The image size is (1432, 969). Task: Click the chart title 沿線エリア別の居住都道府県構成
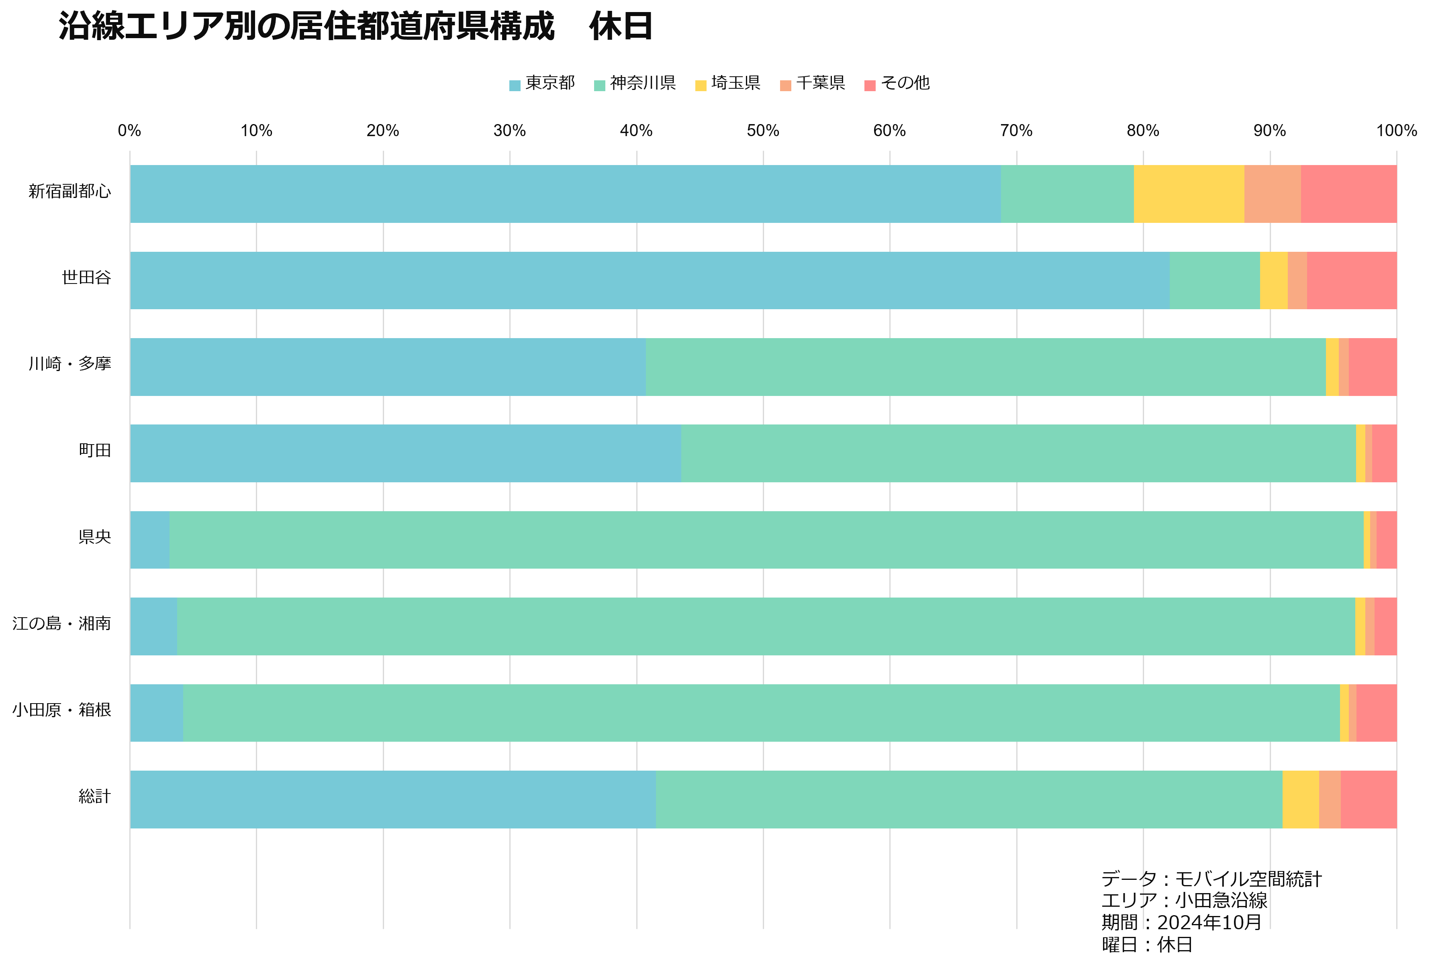click(306, 27)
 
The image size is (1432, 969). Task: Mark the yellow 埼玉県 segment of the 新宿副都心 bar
click(1189, 194)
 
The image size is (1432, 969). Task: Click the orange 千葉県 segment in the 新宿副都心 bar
click(1273, 194)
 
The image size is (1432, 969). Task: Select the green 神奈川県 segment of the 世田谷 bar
click(1215, 280)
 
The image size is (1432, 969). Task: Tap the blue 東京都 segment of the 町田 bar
click(405, 453)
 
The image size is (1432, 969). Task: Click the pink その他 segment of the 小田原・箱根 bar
click(1377, 713)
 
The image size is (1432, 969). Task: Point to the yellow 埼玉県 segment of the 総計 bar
click(1301, 800)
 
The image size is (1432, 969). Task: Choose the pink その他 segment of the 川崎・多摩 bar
click(1373, 367)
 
